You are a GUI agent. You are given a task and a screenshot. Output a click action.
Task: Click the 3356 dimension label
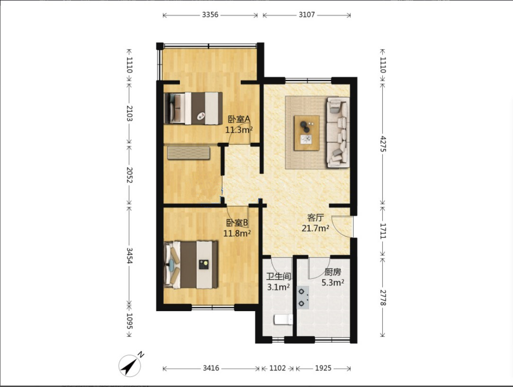pos(210,15)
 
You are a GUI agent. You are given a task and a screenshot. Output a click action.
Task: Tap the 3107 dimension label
pos(307,15)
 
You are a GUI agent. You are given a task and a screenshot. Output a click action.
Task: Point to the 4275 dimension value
pos(383,143)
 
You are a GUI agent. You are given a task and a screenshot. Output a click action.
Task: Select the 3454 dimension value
pos(129,256)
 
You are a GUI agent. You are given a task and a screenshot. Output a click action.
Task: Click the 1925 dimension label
pos(323,369)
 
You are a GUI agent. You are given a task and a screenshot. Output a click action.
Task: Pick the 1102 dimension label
pos(277,369)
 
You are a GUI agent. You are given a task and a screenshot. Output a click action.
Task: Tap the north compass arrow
pos(130,365)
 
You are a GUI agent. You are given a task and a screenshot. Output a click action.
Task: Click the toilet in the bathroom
pos(283,320)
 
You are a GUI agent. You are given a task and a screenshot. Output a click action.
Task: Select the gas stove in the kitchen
pos(303,298)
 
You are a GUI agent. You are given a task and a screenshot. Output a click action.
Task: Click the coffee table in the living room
pos(307,133)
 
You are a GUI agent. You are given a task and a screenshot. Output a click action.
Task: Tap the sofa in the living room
pos(338,132)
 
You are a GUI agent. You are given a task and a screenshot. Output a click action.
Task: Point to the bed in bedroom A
pos(193,108)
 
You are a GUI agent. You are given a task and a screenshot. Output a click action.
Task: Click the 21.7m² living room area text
pos(315,228)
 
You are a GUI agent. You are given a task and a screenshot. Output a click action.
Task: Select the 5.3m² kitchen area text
pos(333,282)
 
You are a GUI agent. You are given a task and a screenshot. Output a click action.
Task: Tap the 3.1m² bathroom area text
pos(278,287)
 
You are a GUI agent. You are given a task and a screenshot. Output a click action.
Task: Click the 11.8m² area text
pos(237,233)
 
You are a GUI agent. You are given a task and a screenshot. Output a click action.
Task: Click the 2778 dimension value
pos(383,297)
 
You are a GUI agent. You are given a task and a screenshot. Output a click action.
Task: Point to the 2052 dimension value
pos(129,175)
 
